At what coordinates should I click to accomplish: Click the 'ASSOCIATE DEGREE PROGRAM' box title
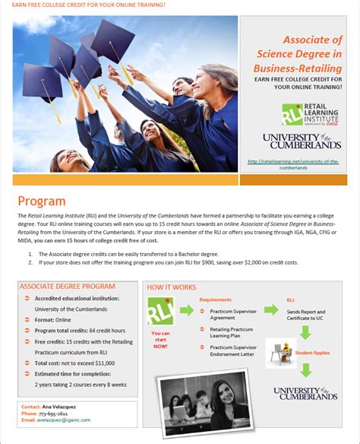[x=68, y=287]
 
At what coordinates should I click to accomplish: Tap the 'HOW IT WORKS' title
[x=172, y=287]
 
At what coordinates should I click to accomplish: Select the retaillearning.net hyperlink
[x=293, y=165]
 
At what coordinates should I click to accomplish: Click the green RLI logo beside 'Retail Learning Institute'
[x=292, y=114]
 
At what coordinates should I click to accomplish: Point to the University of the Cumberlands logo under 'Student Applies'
[x=306, y=392]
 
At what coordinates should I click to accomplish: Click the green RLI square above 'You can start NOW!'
[x=160, y=311]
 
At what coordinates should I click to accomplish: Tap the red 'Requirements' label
[x=216, y=300]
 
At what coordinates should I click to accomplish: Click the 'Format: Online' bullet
[x=53, y=320]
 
